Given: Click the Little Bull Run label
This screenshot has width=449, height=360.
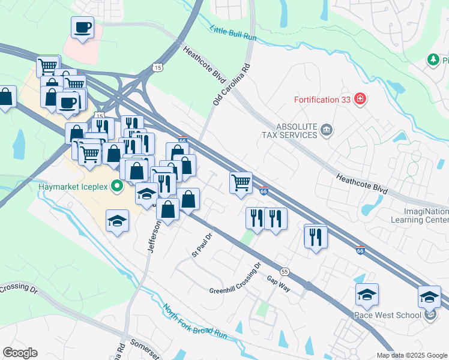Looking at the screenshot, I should click(234, 34).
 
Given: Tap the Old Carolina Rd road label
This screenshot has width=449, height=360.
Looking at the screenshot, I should click(231, 84).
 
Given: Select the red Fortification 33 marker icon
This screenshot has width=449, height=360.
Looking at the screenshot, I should click(360, 99).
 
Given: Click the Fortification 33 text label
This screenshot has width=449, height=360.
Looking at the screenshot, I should click(322, 100).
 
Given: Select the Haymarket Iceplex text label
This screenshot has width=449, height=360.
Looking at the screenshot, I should click(73, 186).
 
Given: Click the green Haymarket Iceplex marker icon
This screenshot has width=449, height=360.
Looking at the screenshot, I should click(118, 186).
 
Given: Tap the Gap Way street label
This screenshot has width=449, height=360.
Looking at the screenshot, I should click(279, 284).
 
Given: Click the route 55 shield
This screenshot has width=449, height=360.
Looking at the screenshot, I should click(285, 271).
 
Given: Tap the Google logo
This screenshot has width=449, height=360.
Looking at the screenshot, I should click(20, 353).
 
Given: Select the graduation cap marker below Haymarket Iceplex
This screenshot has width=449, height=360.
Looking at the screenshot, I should click(118, 220).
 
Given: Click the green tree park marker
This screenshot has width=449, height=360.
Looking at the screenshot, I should click(432, 60).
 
